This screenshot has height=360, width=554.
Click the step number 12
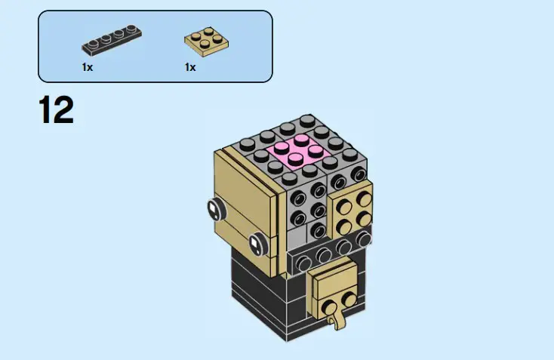[56, 110]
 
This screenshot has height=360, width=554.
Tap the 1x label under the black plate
[88, 67]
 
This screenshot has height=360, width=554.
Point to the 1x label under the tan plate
[190, 67]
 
